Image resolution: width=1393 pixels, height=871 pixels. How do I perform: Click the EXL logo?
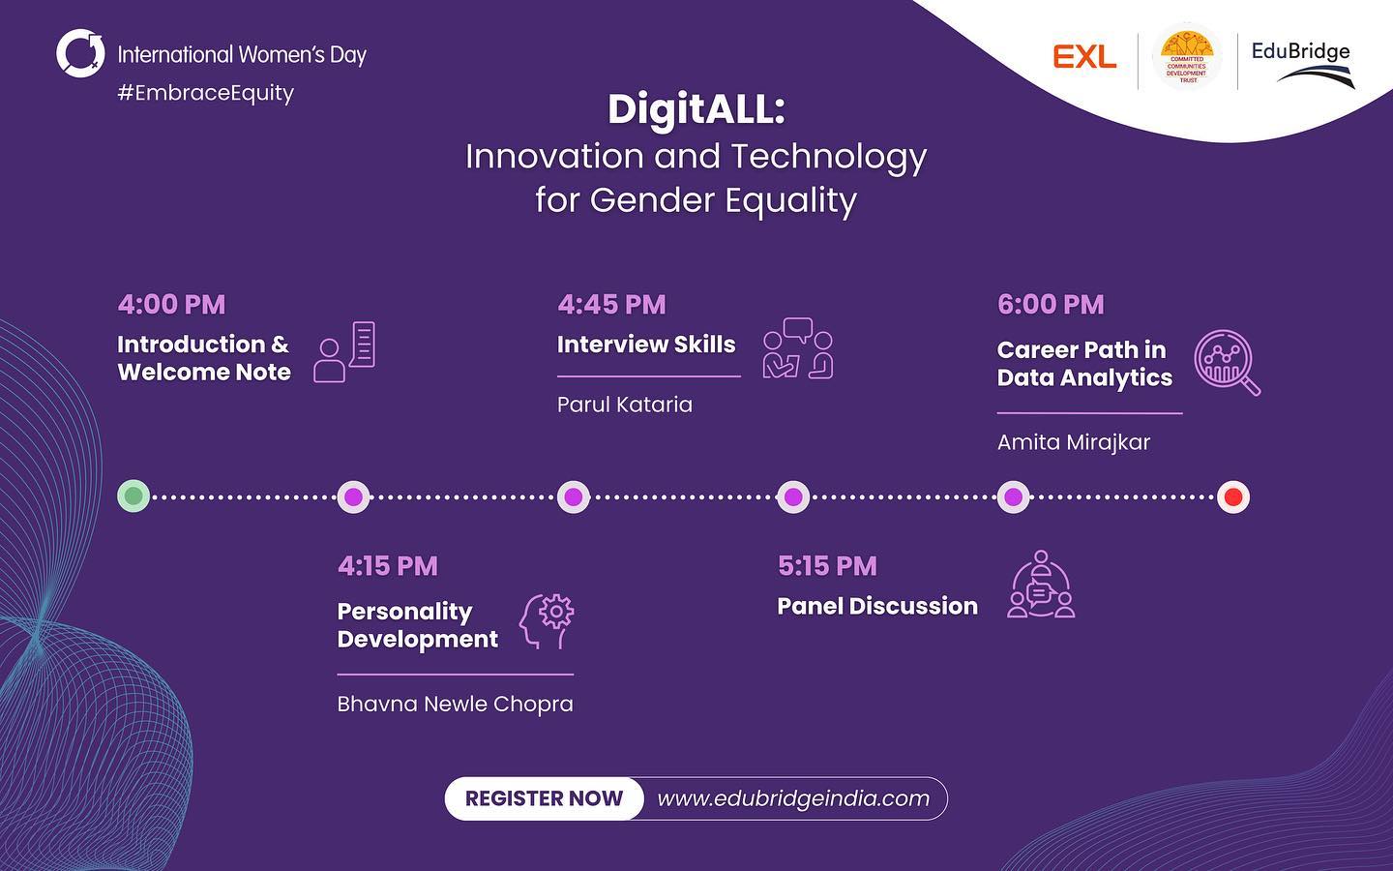pos(1084,56)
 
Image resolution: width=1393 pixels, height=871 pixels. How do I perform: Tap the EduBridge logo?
pos(1302,65)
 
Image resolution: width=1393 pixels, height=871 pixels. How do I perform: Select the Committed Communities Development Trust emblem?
pos(1187,56)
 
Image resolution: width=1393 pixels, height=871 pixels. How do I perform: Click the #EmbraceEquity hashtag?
pos(206,93)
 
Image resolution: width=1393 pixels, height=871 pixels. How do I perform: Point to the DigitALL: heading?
pos(696,110)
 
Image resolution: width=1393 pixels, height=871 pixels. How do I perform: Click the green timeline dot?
pos(133,496)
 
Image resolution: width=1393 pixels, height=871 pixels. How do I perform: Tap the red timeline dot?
pos(1233,497)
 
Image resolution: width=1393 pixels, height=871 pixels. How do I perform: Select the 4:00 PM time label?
pos(171,304)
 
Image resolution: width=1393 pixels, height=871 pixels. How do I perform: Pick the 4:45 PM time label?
pos(611,304)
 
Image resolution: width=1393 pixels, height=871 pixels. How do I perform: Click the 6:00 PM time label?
pos(1051,304)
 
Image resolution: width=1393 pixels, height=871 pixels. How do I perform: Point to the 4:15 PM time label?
pos(387,566)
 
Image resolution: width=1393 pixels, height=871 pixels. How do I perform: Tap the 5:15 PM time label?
pos(827,566)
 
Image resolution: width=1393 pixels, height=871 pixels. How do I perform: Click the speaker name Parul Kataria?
pos(624,405)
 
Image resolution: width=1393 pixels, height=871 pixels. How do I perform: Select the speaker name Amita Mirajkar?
pos(1074,442)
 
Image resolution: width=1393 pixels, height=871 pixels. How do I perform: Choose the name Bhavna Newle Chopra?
pos(456,705)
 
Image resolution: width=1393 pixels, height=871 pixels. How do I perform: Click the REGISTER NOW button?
pos(544,798)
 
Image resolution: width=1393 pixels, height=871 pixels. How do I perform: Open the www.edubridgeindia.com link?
pos(793,798)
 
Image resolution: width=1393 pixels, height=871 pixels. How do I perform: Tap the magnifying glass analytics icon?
pos(1227,363)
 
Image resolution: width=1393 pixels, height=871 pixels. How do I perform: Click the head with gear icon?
pos(547,621)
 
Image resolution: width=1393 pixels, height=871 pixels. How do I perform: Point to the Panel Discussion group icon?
pos(1041,585)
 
